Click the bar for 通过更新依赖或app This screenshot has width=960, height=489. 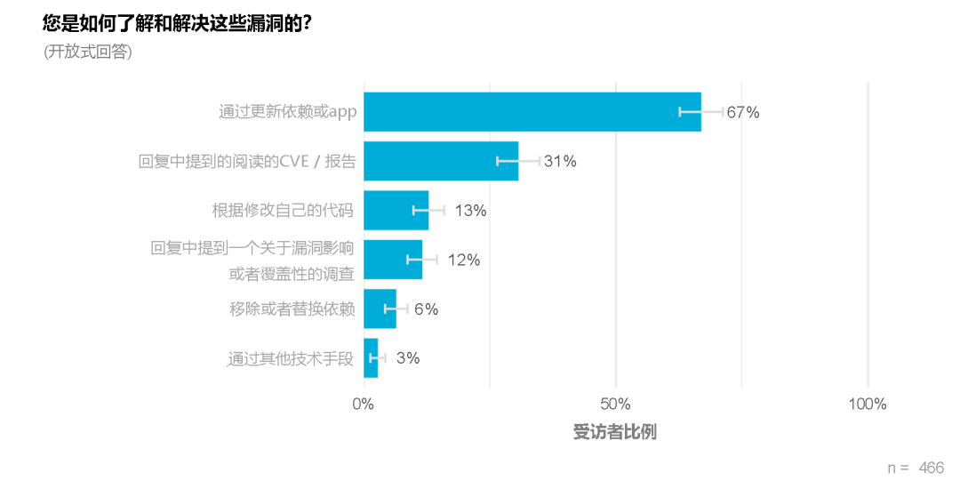click(532, 112)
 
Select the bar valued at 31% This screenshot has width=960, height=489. click(440, 161)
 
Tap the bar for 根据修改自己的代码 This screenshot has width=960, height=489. click(396, 211)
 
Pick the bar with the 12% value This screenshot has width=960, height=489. click(392, 260)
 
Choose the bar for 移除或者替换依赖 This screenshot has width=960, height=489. click(380, 309)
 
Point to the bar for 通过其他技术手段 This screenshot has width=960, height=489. click(371, 358)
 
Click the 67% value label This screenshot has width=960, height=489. click(742, 112)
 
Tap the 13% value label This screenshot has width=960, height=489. click(470, 211)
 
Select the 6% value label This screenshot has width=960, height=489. click(426, 309)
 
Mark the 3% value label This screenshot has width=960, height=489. click(407, 358)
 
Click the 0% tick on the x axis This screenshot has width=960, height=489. click(364, 405)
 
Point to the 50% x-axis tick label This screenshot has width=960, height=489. click(615, 405)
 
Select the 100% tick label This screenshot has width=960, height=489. click(867, 405)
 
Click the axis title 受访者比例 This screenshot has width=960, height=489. click(615, 433)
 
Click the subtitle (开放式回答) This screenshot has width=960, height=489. click(88, 52)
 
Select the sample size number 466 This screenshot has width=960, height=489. click(931, 468)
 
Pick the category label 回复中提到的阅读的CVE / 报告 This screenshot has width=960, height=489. click(247, 162)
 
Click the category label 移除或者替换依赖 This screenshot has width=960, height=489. click(292, 309)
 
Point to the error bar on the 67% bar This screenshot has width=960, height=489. click(700, 112)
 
